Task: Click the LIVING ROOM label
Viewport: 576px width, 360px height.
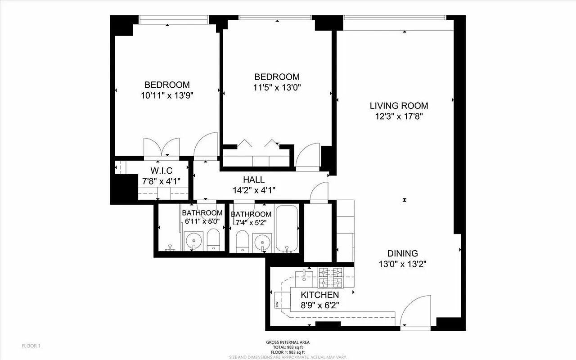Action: click(399, 106)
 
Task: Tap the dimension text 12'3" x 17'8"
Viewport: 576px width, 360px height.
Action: click(399, 117)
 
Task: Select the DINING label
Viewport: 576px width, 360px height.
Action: click(402, 253)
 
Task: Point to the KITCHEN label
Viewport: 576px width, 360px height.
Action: click(319, 295)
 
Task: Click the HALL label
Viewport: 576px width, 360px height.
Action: click(254, 180)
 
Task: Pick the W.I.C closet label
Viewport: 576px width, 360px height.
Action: click(161, 171)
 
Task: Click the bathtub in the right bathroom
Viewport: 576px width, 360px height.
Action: click(287, 229)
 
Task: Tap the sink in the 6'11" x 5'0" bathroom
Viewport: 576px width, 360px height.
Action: click(194, 241)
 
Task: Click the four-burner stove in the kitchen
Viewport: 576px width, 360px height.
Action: click(330, 277)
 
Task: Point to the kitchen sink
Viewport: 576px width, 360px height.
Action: click(305, 275)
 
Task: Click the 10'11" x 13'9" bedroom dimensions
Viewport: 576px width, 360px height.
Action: click(167, 95)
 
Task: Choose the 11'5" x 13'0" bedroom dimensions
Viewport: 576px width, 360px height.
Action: click(277, 87)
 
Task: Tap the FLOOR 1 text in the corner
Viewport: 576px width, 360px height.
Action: click(31, 346)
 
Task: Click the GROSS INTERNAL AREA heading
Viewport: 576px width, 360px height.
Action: click(288, 342)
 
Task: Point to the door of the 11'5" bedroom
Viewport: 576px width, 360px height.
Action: click(308, 156)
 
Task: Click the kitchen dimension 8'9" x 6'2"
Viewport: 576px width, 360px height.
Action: click(319, 305)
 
